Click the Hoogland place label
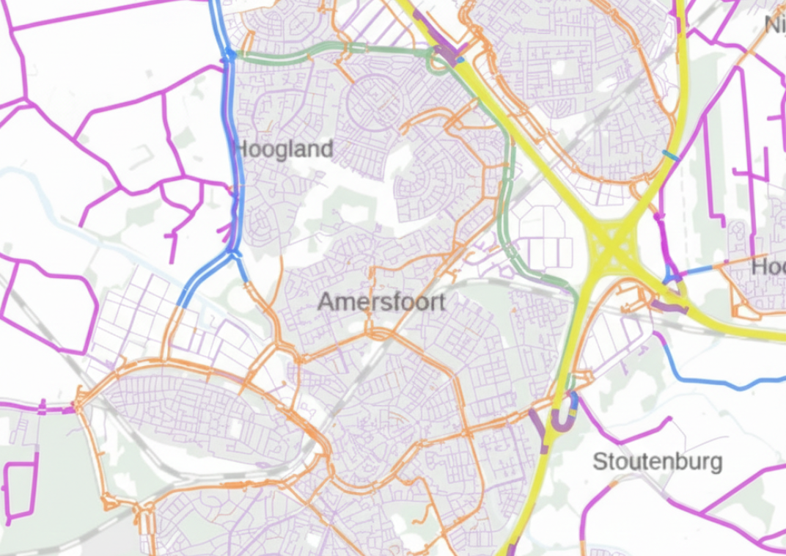pyautogui.click(x=283, y=150)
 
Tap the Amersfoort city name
pyautogui.click(x=381, y=301)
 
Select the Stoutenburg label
pyautogui.click(x=657, y=462)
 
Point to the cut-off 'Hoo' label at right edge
pyautogui.click(x=768, y=267)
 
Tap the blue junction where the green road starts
pyautogui.click(x=230, y=54)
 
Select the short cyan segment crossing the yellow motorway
pyautogui.click(x=670, y=154)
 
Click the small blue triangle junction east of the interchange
pyautogui.click(x=669, y=277)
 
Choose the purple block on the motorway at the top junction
pyautogui.click(x=444, y=53)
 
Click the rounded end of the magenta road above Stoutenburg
pyautogui.click(x=668, y=420)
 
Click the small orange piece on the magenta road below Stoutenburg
pyautogui.click(x=613, y=485)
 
